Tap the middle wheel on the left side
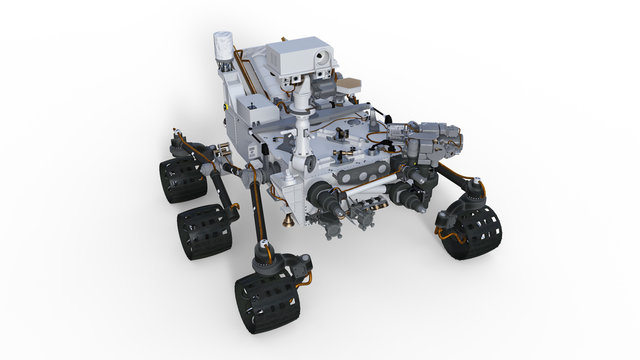204,233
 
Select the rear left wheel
181,179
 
